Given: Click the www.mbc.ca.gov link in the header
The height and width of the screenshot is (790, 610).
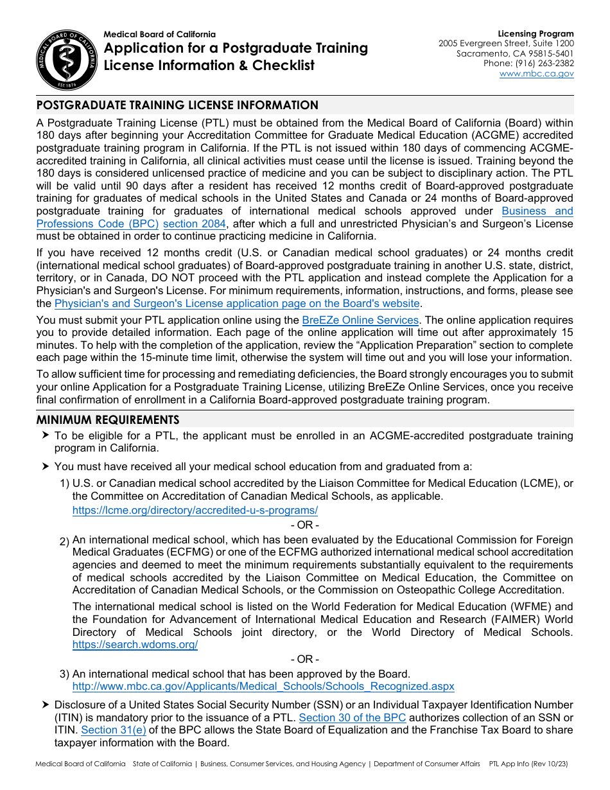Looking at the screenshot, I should [x=537, y=74].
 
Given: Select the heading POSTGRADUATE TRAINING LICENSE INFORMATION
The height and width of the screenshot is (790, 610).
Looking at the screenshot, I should [x=177, y=105].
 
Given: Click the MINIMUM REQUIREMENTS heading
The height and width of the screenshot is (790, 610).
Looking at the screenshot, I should [x=108, y=420].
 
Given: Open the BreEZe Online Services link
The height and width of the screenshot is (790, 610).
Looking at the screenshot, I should [x=360, y=320].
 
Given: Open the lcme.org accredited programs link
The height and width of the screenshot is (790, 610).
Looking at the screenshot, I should [x=195, y=511].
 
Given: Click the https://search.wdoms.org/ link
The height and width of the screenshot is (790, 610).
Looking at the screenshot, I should [x=135, y=645].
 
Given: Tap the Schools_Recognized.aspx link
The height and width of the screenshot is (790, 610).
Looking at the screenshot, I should [x=263, y=687].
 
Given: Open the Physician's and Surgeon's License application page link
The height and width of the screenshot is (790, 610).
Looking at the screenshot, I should [x=237, y=304].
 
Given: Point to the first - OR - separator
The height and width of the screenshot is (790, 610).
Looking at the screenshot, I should [x=304, y=525].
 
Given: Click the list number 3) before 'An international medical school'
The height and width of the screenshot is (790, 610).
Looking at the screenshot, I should [x=64, y=674].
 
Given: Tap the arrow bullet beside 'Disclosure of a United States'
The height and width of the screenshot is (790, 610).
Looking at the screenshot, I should [x=45, y=705].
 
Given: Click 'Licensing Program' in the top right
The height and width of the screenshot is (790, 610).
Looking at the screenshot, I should [x=536, y=34].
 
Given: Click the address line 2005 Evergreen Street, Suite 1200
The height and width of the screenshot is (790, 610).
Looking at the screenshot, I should [x=507, y=44].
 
